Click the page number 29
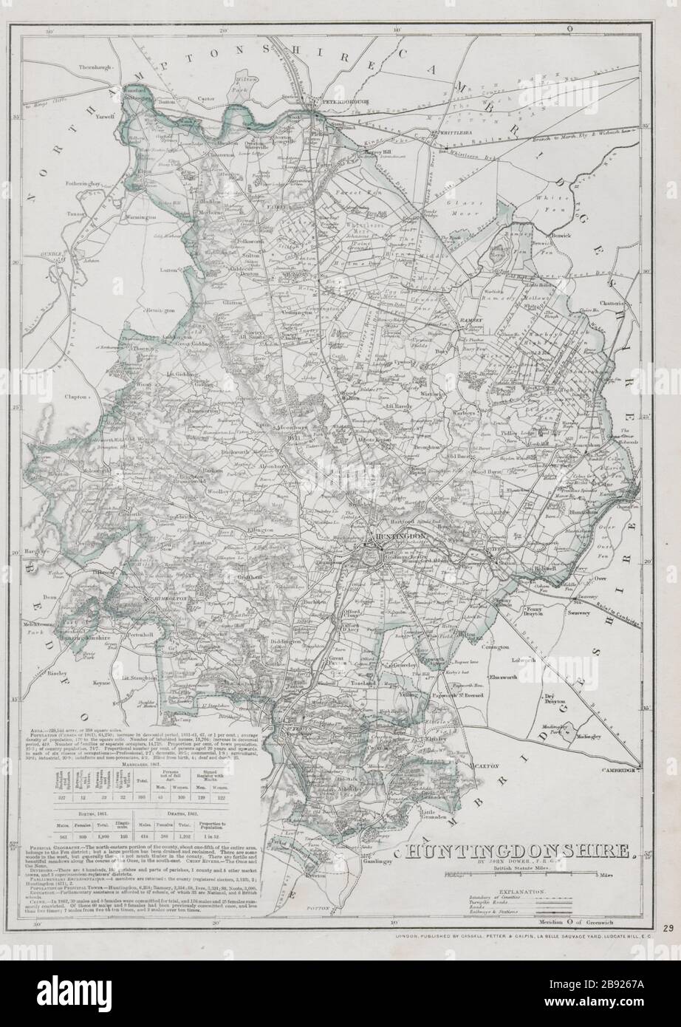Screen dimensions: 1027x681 coord(668,928)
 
